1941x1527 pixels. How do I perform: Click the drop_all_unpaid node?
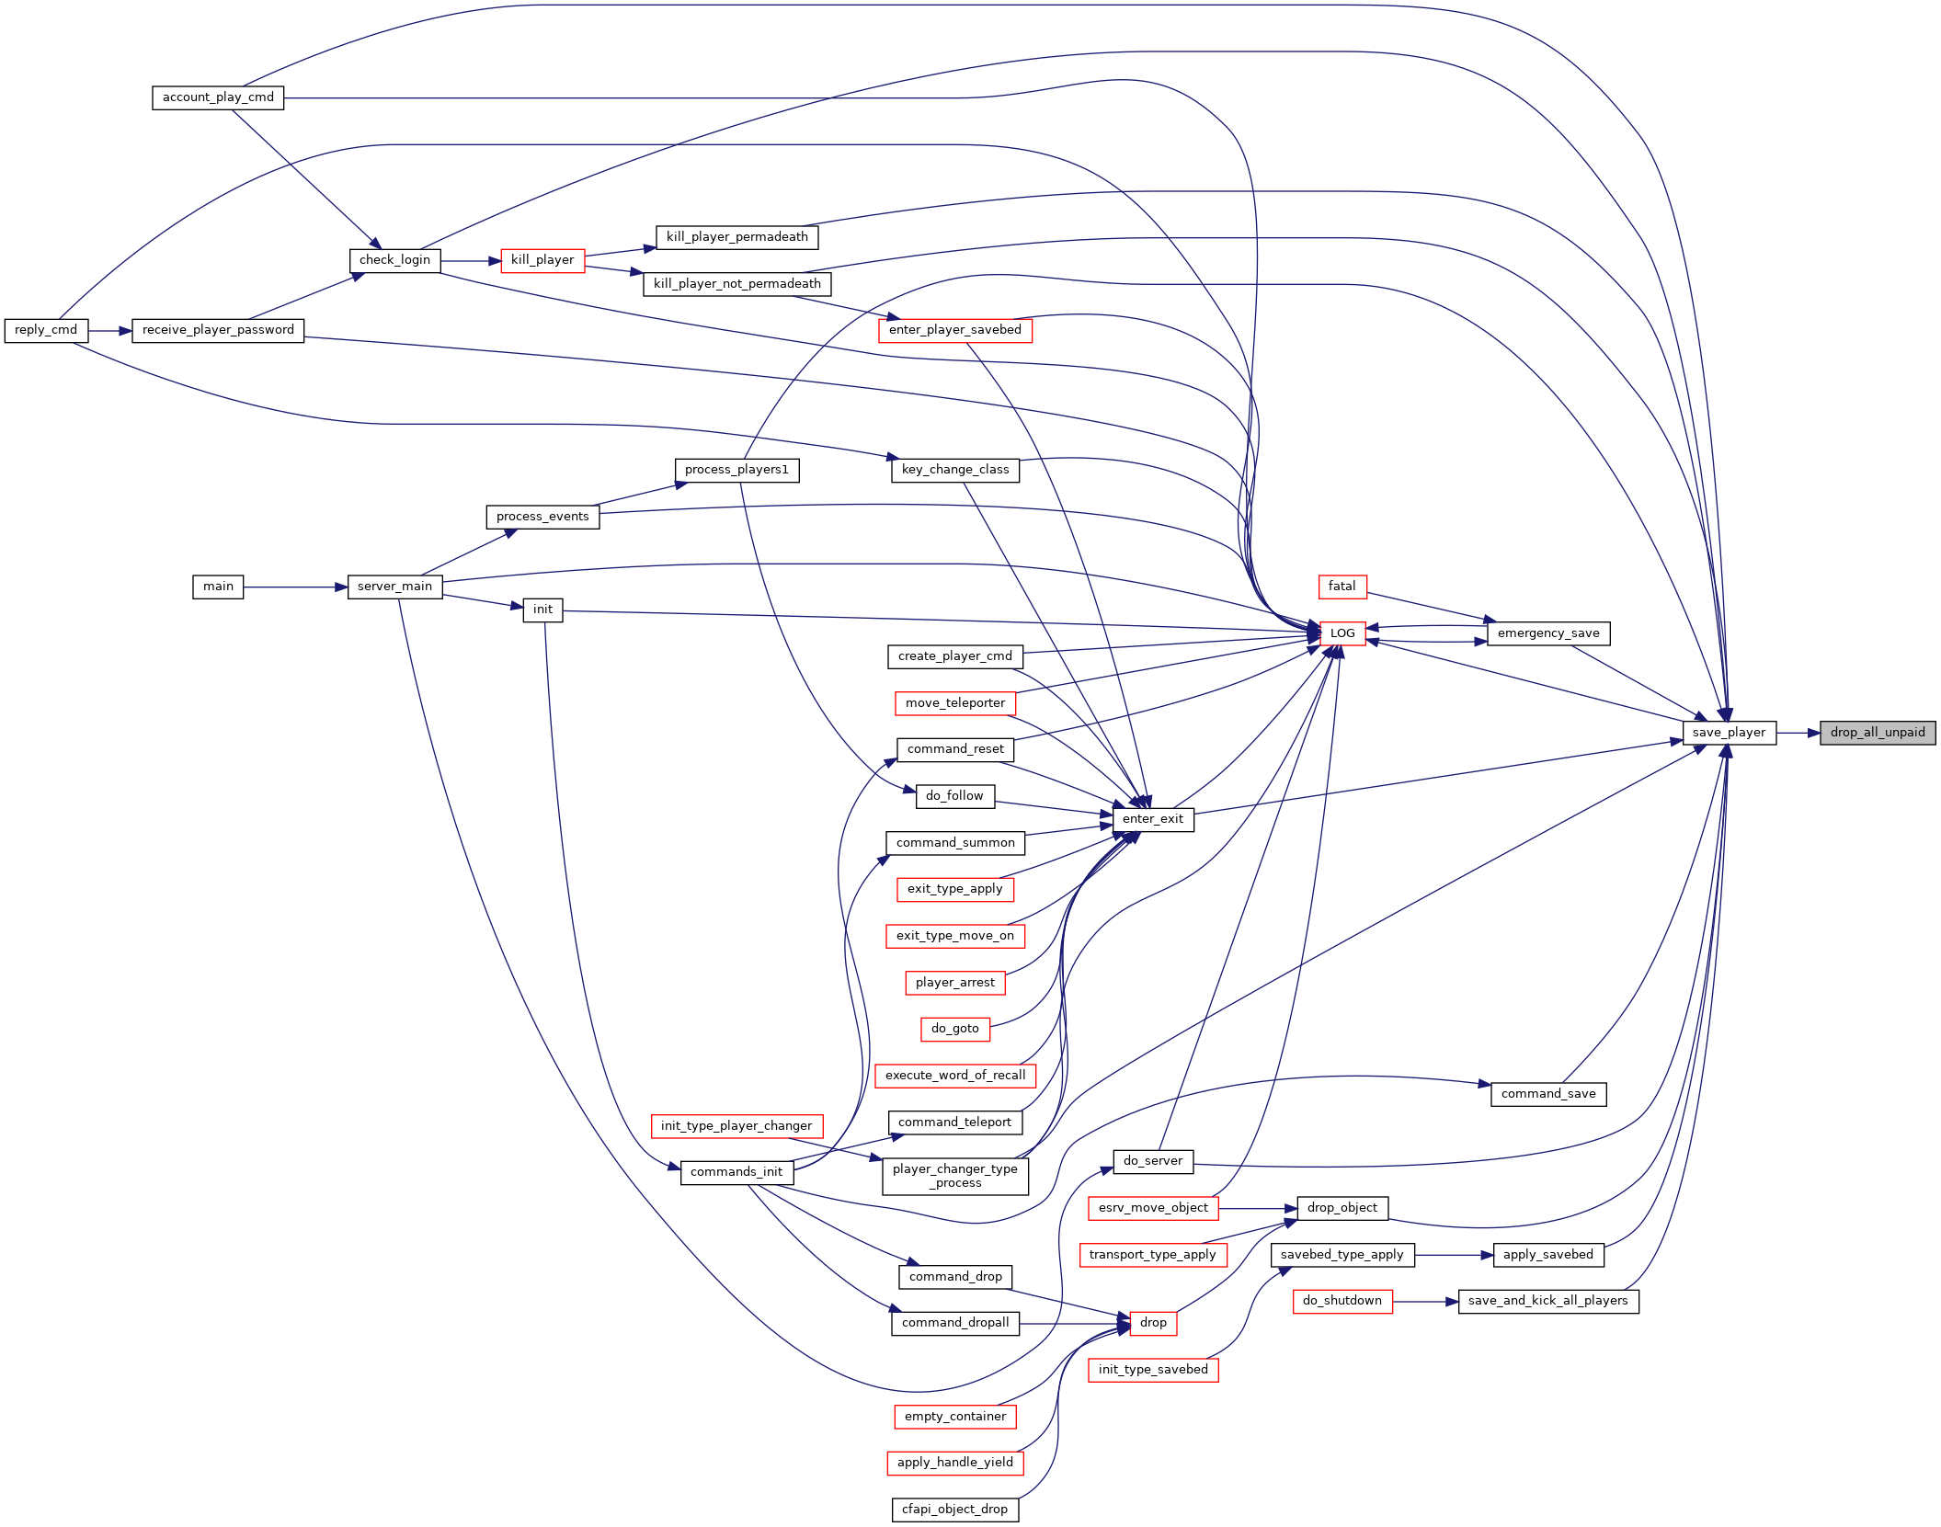coord(1878,733)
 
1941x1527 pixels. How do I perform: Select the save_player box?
coord(1729,733)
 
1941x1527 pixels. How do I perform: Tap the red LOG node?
coord(1342,633)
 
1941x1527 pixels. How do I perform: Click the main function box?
coord(218,587)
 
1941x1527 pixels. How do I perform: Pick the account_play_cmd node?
coord(218,97)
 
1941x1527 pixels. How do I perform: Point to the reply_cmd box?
coord(46,330)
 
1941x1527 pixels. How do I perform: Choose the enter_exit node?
coord(1153,819)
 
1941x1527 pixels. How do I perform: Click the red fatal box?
coord(1342,587)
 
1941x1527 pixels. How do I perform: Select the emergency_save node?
coord(1548,633)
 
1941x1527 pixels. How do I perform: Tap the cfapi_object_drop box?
coord(955,1510)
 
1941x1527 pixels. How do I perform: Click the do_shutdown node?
coord(1342,1301)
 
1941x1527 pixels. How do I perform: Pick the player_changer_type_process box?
coord(955,1176)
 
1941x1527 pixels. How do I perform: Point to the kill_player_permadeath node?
coord(737,237)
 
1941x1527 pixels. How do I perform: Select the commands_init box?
coord(736,1172)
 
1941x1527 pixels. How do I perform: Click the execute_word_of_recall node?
coord(955,1076)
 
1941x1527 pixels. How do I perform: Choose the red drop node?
coord(1153,1323)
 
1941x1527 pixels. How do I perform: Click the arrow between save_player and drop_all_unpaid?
coord(1798,733)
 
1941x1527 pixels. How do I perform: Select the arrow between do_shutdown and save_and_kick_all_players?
coord(1426,1301)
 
